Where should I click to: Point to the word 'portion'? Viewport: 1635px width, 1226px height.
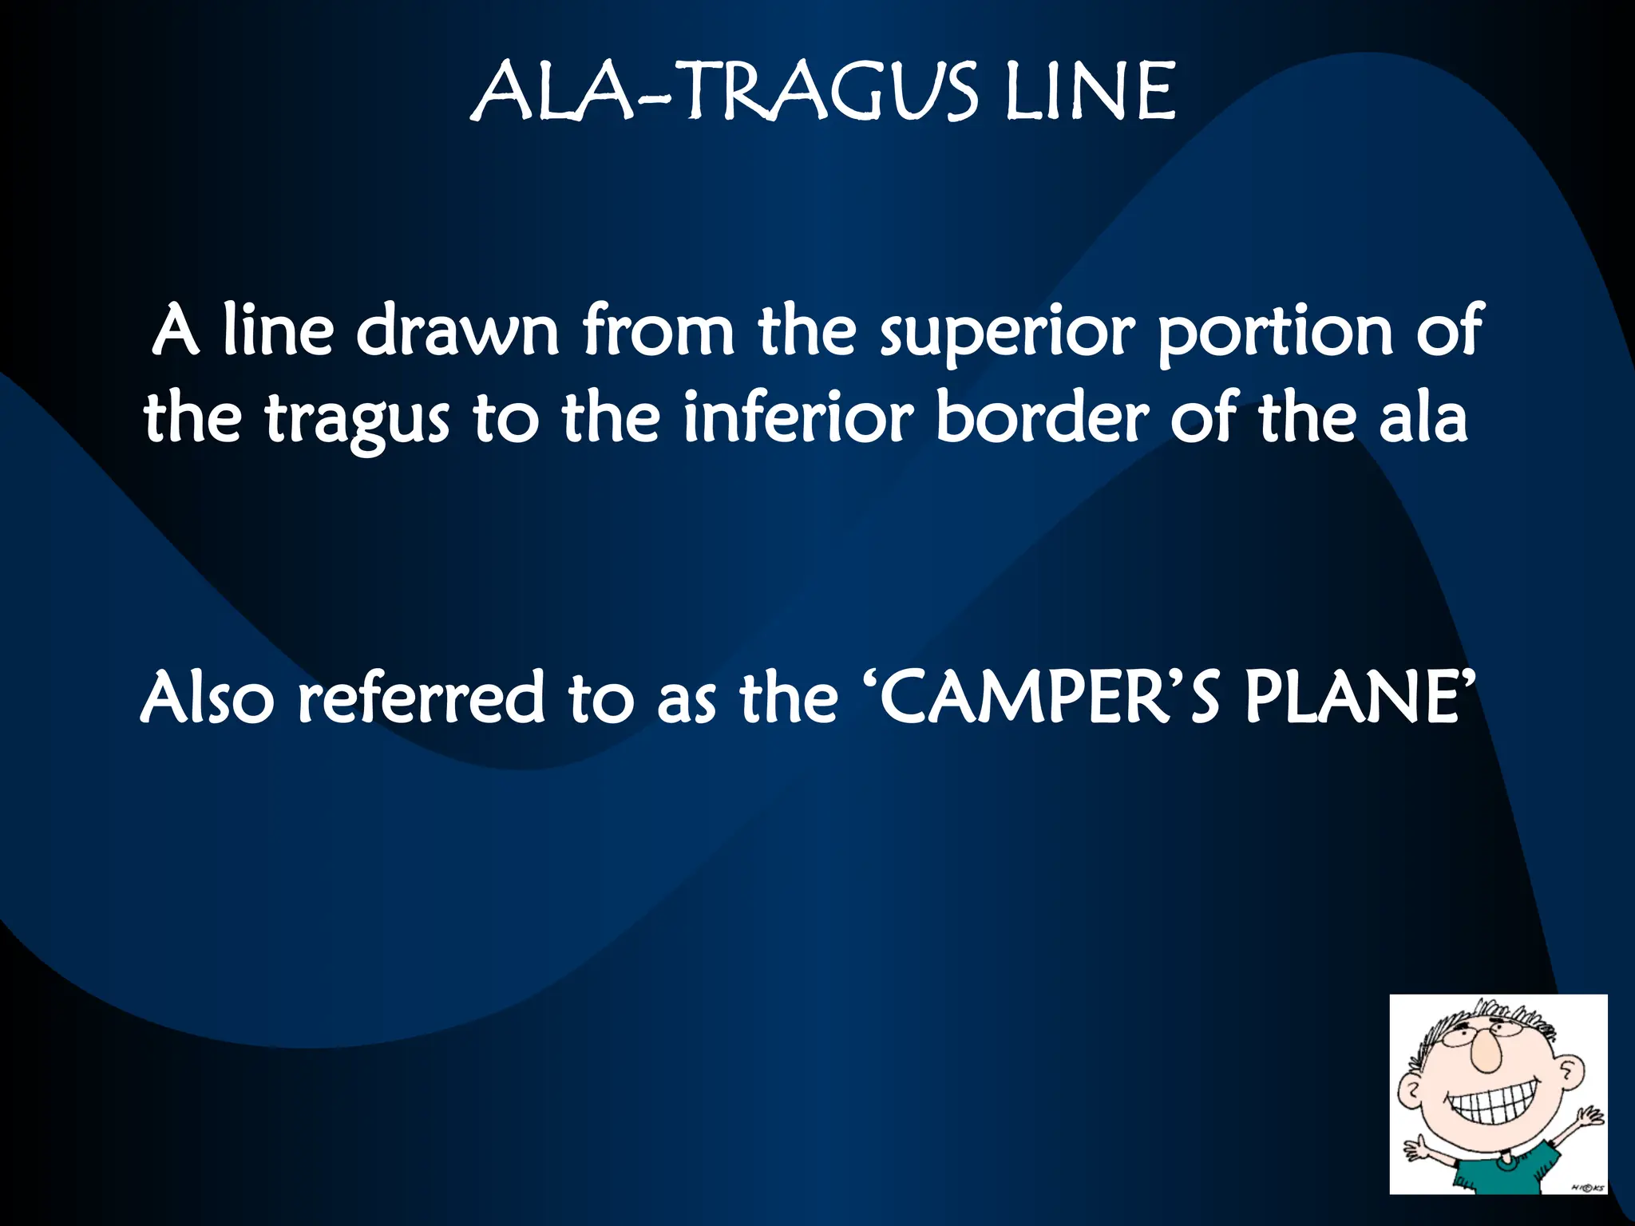pos(1275,331)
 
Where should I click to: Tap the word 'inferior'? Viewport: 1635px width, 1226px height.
pos(798,417)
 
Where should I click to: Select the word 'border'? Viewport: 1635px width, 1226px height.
pos(1042,417)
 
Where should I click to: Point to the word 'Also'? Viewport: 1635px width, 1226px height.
pos(207,698)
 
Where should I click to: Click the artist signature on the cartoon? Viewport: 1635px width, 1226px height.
pos(1586,1187)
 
